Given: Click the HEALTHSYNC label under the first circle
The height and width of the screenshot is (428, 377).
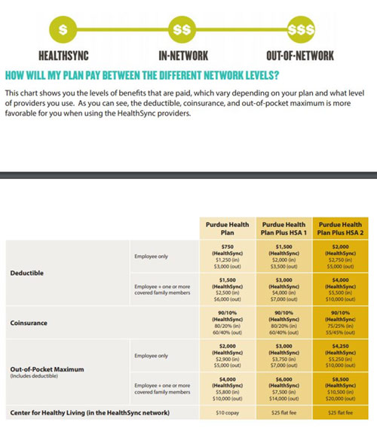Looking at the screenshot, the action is click(x=63, y=56).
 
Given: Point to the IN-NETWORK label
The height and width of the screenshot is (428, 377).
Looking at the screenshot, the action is click(x=182, y=56).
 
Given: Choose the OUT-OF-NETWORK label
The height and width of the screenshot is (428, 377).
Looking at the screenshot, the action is click(x=301, y=56).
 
